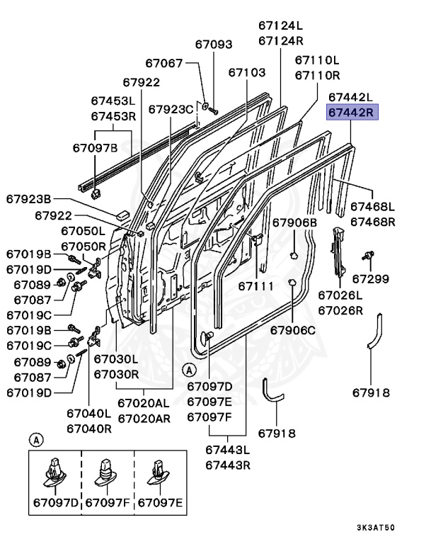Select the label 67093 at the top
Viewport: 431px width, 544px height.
pyautogui.click(x=214, y=44)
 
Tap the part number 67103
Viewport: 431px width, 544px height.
pyautogui.click(x=247, y=72)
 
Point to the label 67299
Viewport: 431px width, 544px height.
pyautogui.click(x=371, y=279)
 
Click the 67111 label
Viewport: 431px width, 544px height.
pyautogui.click(x=255, y=286)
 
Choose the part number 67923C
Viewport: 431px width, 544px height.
pyautogui.click(x=171, y=109)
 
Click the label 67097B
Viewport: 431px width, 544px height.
pyautogui.click(x=95, y=148)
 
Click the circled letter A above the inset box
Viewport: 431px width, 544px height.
pyautogui.click(x=34, y=439)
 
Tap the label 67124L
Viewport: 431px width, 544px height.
pyautogui.click(x=280, y=26)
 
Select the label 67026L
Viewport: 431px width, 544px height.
pyautogui.click(x=340, y=295)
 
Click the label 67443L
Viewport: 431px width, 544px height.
pyautogui.click(x=229, y=450)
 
